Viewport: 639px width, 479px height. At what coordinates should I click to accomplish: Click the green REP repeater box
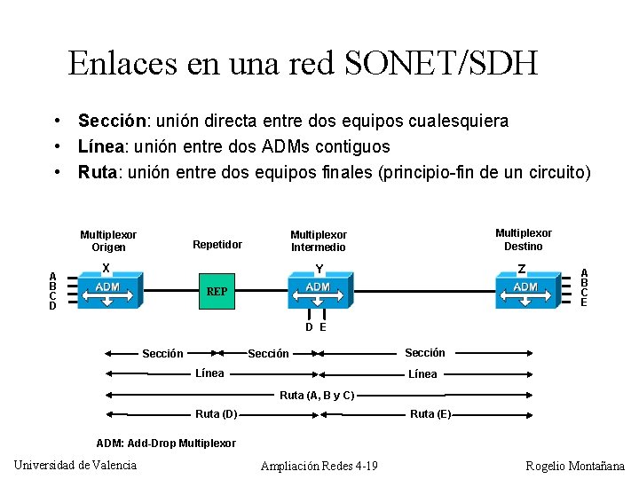(217, 291)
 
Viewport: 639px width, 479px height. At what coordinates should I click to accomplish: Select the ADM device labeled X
(107, 288)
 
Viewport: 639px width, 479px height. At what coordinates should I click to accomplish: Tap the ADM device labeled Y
(318, 288)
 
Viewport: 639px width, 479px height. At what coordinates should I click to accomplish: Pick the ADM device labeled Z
(525, 288)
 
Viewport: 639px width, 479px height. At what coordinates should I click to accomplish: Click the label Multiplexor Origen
(108, 240)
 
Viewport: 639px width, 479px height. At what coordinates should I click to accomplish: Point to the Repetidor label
(217, 244)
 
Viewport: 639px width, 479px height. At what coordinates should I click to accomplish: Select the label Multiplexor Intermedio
(319, 240)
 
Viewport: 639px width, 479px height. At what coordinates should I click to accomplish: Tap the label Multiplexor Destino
(523, 239)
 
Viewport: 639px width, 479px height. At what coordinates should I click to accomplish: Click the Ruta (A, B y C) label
(317, 395)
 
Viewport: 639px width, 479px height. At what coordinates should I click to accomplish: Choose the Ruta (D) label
(216, 413)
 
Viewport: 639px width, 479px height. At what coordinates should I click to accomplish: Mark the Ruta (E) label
(430, 413)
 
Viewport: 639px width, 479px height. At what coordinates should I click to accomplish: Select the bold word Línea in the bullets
(99, 145)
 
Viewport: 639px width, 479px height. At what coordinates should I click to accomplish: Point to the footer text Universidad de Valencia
(75, 465)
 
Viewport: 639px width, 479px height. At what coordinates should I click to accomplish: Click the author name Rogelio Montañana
(574, 466)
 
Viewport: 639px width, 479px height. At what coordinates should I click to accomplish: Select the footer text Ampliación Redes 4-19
(319, 466)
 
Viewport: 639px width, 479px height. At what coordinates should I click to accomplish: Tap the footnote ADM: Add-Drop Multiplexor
(165, 443)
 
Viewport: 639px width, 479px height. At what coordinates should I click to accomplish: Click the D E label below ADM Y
(316, 327)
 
